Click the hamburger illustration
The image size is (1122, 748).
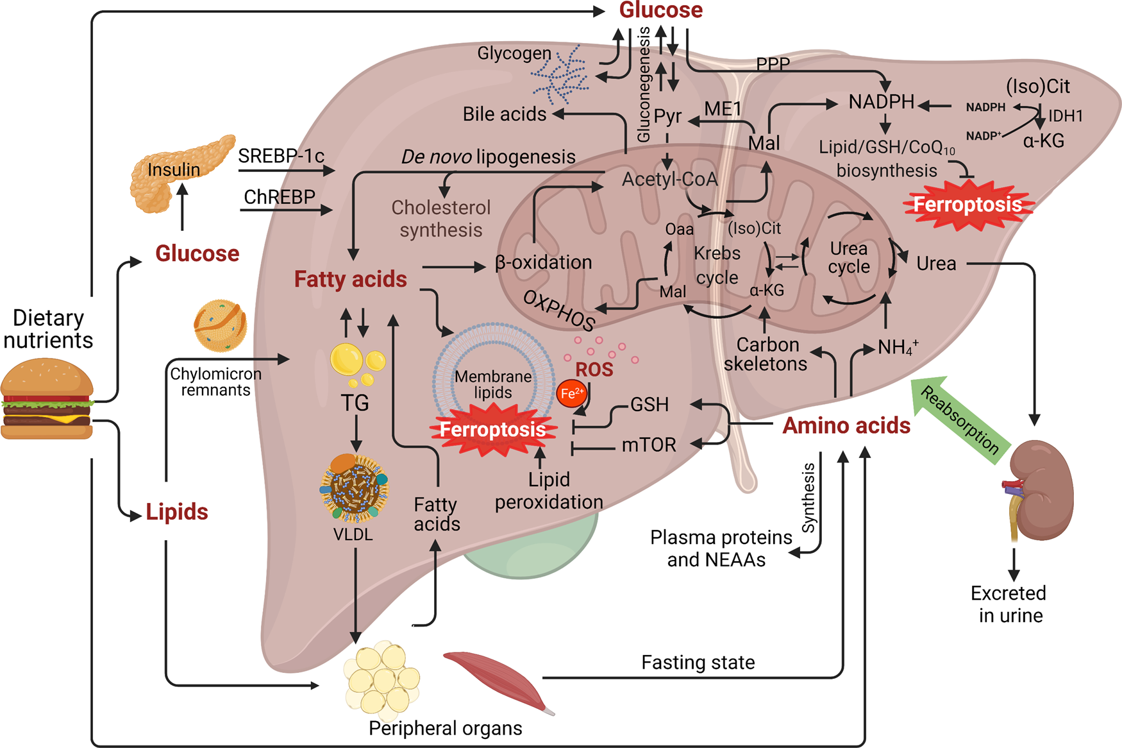pos(47,398)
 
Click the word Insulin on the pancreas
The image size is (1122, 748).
pos(174,169)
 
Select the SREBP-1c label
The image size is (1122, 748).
pos(281,156)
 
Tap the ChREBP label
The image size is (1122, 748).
pos(280,196)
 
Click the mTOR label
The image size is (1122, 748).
pos(649,445)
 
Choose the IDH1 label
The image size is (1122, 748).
pos(1066,115)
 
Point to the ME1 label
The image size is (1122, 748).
pos(723,109)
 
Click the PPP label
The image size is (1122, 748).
pos(773,64)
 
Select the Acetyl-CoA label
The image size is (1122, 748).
pos(669,179)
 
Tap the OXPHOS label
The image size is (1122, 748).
pos(559,310)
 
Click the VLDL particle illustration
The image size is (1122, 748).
pos(354,488)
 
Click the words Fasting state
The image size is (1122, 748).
pos(698,662)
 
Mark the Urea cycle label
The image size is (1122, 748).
pos(849,257)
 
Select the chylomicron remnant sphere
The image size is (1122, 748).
pos(221,326)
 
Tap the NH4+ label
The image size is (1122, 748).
pos(898,347)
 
